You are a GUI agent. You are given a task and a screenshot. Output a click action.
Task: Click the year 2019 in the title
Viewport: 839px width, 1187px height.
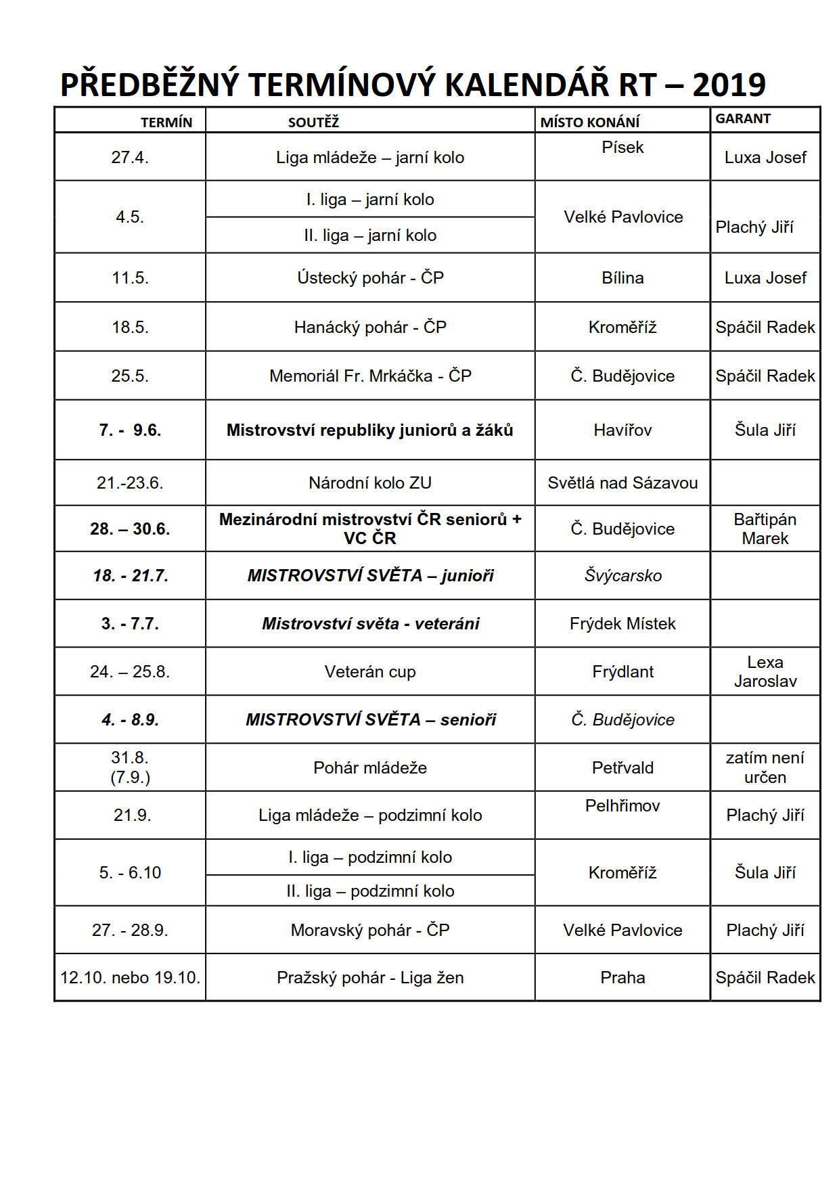coord(729,85)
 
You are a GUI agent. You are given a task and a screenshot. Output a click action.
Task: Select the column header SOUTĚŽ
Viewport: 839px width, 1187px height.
coord(313,122)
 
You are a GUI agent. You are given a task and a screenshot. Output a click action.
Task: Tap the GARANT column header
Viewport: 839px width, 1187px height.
coord(743,118)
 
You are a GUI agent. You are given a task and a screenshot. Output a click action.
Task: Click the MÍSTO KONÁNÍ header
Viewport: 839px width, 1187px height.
coord(589,122)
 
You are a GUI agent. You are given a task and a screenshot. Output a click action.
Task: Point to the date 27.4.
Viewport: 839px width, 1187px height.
coord(130,158)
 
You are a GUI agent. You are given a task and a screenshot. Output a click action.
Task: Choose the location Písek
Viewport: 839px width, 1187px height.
coord(622,148)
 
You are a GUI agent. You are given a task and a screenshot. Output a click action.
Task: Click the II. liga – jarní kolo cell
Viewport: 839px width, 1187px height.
coord(370,236)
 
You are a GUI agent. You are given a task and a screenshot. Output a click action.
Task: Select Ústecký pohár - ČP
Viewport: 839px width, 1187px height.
coord(370,277)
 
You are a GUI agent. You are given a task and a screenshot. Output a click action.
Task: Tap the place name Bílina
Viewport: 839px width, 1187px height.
coord(622,277)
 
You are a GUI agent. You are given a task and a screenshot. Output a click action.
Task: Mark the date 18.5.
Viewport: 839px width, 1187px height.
coord(130,327)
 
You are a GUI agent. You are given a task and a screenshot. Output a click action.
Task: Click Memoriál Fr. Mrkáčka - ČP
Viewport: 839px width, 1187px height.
coord(370,376)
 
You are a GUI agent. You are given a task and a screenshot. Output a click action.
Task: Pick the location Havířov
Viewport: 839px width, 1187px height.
coord(622,430)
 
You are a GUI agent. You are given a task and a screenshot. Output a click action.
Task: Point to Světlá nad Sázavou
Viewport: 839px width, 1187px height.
coord(622,483)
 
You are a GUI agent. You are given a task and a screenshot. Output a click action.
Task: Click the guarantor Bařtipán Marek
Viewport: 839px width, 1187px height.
coord(765,529)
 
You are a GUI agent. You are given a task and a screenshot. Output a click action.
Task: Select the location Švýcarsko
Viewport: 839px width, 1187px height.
coord(622,575)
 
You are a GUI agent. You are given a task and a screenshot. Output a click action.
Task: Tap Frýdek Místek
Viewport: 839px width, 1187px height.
coord(622,623)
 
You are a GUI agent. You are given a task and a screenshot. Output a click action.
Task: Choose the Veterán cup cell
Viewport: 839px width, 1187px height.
coord(370,671)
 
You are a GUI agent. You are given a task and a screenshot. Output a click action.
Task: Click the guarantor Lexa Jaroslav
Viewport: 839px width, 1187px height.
coord(765,671)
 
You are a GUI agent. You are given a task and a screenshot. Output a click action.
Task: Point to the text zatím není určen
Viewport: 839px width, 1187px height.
coord(765,767)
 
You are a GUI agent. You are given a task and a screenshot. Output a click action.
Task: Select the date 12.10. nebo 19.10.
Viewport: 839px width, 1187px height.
coord(130,977)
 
